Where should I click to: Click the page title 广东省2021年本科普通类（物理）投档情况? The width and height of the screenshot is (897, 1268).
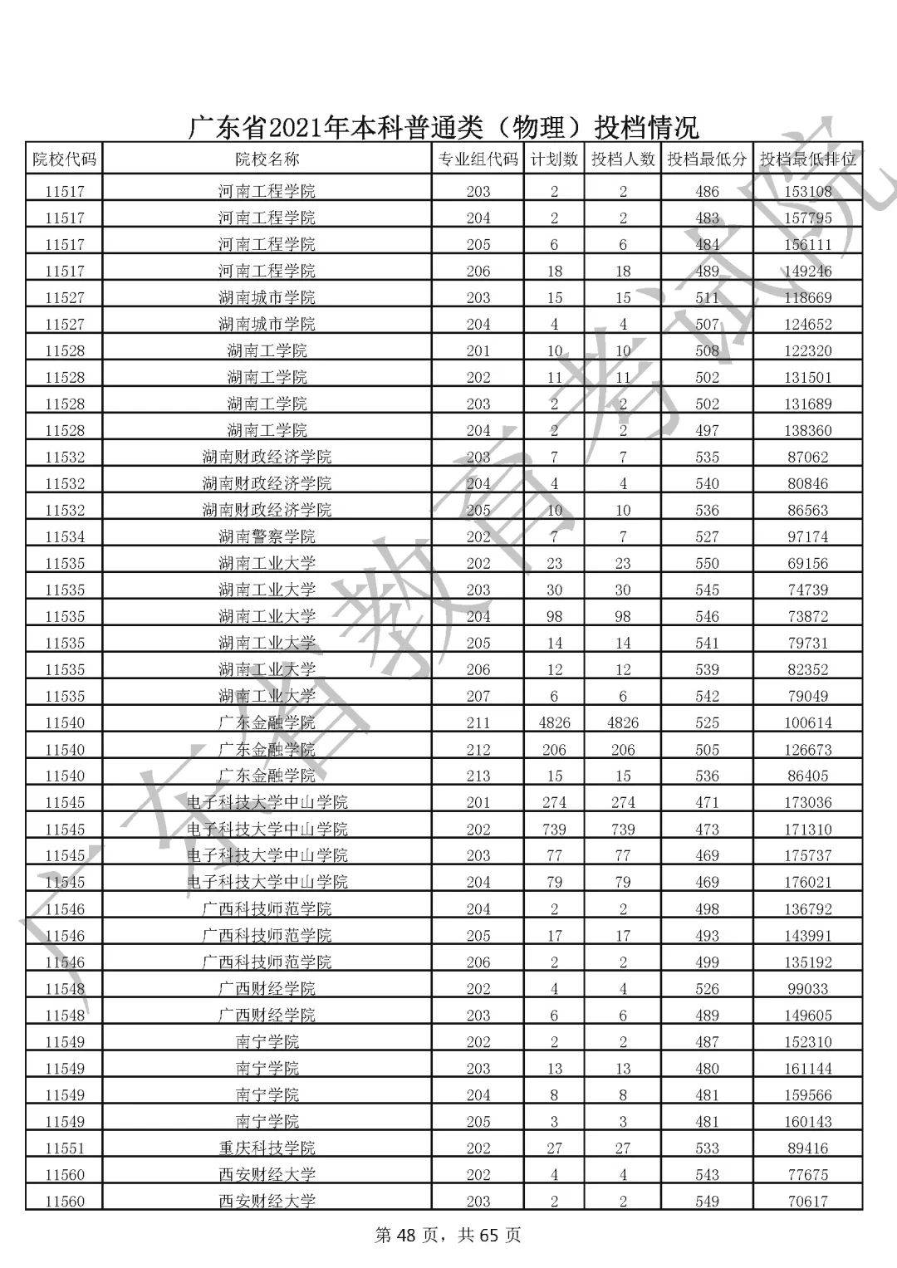coord(444,128)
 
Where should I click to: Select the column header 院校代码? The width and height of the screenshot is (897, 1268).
coord(64,159)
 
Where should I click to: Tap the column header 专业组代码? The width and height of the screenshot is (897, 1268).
coord(478,159)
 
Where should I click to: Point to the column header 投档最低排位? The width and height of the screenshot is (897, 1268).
coord(807,159)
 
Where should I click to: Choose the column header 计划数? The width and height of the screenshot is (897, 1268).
coord(554,159)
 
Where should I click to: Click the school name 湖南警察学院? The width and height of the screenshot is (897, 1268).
coord(267,536)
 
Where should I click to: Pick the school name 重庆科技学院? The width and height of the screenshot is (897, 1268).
coord(267,1148)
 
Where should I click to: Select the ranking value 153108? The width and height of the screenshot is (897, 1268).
coord(807,191)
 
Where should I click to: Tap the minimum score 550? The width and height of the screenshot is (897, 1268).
coord(707,563)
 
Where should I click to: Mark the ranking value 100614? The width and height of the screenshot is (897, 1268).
coord(807,722)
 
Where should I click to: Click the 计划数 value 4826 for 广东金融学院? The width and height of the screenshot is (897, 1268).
coord(554,722)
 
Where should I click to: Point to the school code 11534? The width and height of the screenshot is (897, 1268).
coord(64,536)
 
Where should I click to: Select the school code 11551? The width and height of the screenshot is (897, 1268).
coord(64,1148)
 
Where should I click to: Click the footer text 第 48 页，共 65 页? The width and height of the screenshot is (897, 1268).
coord(448,1235)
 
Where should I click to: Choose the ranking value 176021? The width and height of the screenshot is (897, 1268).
coord(807,882)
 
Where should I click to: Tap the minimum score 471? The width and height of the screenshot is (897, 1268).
coord(707,802)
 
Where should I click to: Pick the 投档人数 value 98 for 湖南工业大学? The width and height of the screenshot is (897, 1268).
coord(623,616)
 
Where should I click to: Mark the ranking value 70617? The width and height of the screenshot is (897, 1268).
coord(807,1201)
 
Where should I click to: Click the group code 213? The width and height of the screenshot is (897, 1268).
coord(478,776)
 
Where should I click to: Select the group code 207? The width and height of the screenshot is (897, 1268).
coord(478,696)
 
